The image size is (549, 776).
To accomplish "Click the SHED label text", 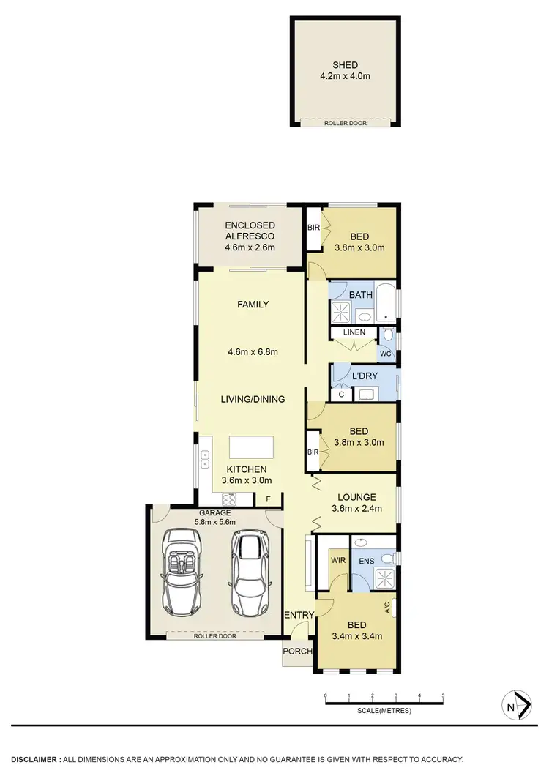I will pos(345,65).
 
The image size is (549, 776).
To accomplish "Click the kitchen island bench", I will pos(251,447).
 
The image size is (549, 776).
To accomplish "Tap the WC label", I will pos(385,354).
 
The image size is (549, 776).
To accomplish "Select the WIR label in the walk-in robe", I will pos(338,560).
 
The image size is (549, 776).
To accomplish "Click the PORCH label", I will pos(299,652).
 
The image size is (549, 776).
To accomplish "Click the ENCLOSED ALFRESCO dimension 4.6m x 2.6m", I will pos(250,247).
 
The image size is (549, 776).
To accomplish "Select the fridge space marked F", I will pos(268,500).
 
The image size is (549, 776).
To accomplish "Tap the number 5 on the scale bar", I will pos(443,695).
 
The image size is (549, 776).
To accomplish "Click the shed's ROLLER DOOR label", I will pos(346,123).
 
